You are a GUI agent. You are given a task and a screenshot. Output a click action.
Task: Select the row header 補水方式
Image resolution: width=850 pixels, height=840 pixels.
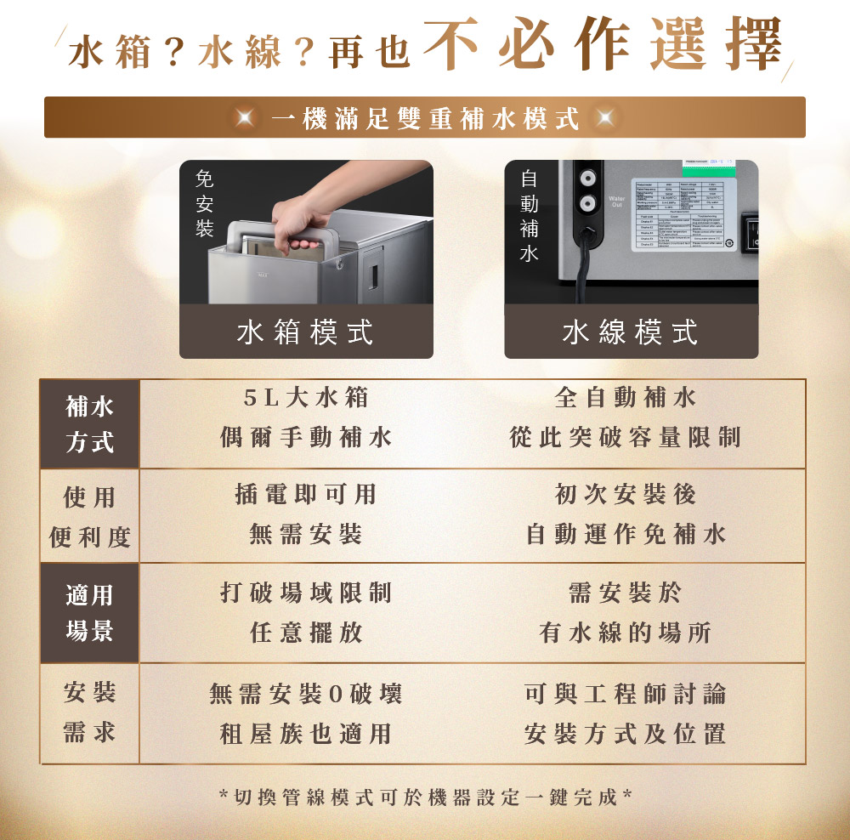click(x=89, y=424)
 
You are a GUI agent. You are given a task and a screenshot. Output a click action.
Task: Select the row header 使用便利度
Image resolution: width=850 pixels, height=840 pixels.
click(x=89, y=517)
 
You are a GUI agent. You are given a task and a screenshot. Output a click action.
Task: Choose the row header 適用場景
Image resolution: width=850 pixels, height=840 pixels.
click(x=89, y=613)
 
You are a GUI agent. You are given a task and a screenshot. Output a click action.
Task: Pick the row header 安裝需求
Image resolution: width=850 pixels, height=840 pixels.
click(x=89, y=713)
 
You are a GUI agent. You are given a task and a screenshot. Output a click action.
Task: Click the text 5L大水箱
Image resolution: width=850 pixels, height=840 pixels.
click(x=306, y=397)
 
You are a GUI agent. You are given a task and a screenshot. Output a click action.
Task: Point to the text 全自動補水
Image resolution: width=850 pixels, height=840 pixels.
click(x=626, y=397)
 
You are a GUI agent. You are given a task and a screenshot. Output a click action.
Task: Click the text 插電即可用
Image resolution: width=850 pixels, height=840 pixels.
click(x=306, y=494)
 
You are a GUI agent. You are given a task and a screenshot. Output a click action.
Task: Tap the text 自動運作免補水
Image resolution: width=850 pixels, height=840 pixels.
click(x=626, y=534)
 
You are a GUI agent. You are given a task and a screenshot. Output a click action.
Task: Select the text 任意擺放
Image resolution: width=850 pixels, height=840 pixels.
click(x=306, y=633)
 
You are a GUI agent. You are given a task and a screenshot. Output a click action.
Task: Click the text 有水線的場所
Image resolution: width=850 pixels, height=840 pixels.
click(x=626, y=633)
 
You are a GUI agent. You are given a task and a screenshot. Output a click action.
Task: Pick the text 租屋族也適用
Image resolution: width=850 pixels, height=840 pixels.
click(x=306, y=733)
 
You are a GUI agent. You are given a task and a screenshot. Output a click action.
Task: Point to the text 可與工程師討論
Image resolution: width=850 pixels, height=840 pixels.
click(x=626, y=694)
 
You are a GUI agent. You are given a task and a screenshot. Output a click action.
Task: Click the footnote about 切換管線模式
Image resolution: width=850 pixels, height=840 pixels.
click(x=424, y=797)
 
